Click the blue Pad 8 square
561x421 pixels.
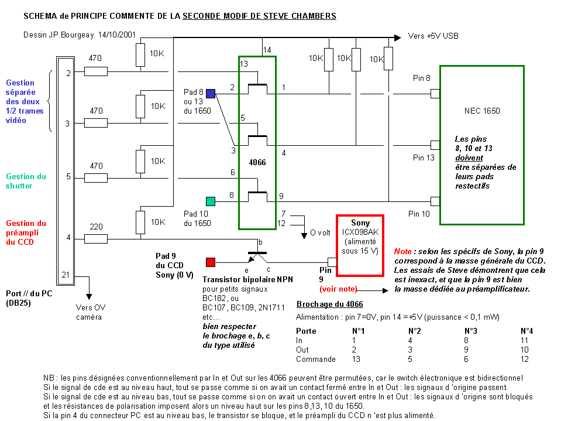[211, 93]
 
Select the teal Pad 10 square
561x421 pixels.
[211, 201]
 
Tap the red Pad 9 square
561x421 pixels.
[211, 262]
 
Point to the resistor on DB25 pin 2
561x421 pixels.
[96, 71]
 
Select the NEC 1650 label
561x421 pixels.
[481, 111]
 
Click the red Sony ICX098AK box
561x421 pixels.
[359, 245]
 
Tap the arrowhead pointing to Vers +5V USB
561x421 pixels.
[400, 36]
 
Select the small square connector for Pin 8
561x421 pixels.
[435, 93]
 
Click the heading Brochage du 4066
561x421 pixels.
[329, 304]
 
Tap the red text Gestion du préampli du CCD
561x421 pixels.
[26, 232]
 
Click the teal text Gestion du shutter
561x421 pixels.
[26, 181]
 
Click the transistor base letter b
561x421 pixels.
[261, 242]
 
